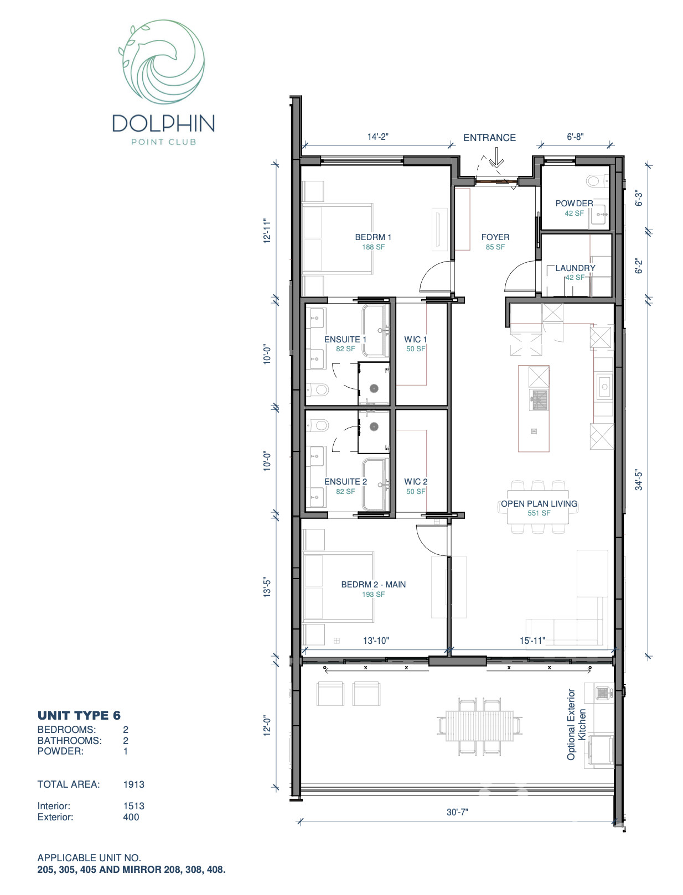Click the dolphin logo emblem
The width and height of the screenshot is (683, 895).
[162, 62]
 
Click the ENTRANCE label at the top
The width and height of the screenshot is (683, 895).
[489, 138]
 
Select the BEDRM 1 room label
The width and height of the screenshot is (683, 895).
[373, 237]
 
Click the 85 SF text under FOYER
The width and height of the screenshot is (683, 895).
[495, 247]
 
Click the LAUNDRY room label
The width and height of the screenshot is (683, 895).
[575, 268]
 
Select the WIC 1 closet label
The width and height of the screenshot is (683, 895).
[416, 339]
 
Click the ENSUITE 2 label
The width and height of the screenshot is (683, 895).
[345, 482]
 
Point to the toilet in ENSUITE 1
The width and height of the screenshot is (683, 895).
[318, 390]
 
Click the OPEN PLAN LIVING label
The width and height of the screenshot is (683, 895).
[539, 504]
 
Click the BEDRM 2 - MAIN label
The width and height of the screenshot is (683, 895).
[374, 585]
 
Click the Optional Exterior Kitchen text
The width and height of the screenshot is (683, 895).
[576, 725]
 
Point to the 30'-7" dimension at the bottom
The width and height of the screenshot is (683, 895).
[457, 812]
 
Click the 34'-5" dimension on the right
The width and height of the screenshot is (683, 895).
[639, 480]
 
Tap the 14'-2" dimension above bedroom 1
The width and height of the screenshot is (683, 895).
[378, 137]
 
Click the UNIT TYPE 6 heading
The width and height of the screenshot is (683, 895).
[79, 715]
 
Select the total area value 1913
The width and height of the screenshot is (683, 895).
[133, 784]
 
